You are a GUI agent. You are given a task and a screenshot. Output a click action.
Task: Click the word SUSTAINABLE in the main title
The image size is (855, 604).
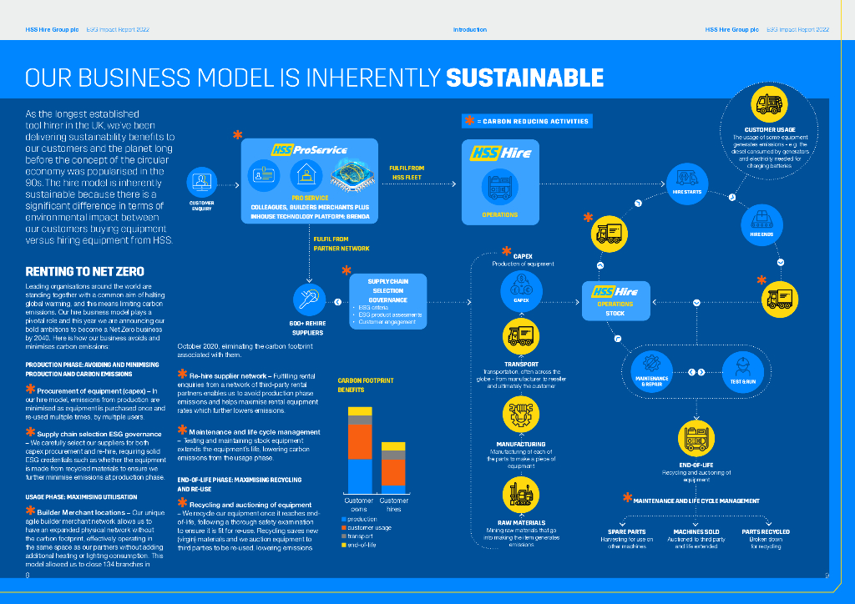tap(524, 78)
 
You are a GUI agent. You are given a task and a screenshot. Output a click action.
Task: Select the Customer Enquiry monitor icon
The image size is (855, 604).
tap(201, 180)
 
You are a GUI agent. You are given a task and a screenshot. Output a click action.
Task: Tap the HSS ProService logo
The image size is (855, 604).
tap(309, 149)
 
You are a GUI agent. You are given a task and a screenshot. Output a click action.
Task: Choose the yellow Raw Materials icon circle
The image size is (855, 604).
tap(521, 493)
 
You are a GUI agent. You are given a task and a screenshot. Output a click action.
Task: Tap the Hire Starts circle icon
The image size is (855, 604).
tap(687, 179)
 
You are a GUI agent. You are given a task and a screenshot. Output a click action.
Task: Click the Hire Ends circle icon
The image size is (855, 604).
tap(761, 221)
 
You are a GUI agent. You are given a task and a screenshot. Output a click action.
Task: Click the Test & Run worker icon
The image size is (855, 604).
tap(742, 369)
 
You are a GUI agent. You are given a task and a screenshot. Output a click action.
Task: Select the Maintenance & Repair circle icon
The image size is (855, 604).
tap(650, 369)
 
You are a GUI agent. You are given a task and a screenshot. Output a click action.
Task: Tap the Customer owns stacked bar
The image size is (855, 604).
tap(360, 451)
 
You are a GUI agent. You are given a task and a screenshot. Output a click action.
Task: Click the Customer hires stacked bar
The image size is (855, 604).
tap(393, 468)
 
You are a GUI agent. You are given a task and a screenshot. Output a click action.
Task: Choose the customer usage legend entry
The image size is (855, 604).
tap(368, 527)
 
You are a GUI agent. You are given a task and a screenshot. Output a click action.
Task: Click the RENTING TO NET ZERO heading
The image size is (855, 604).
tap(84, 271)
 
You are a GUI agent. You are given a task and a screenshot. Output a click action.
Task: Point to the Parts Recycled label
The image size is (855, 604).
tap(765, 531)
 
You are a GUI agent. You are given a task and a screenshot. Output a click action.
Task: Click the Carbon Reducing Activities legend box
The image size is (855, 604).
tap(527, 121)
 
